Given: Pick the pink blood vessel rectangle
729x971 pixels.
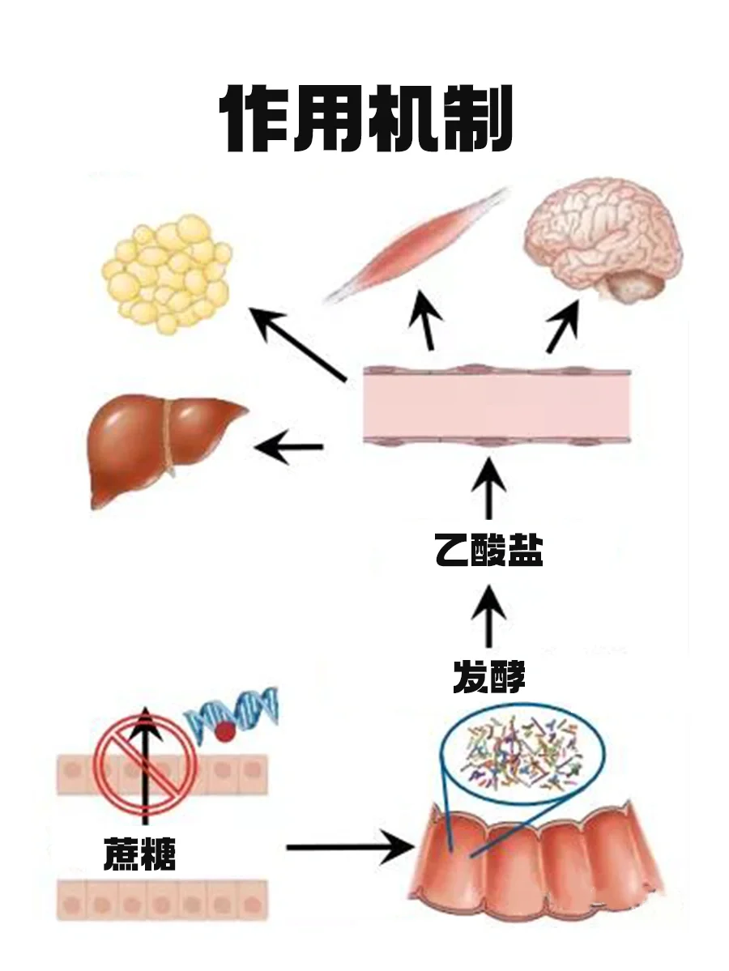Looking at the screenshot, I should pos(496,407).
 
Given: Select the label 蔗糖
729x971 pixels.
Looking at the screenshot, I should pos(139,855).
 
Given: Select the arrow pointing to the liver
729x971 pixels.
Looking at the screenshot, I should pos(289,446).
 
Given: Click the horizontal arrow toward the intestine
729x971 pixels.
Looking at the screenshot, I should pos(350,848).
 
